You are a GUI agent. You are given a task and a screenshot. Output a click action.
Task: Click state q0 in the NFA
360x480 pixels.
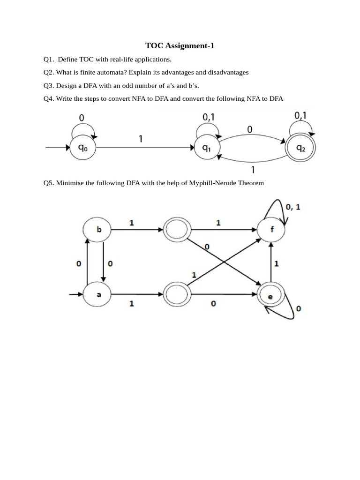pos(82,148)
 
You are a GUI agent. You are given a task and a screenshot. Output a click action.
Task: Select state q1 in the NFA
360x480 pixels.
pos(206,148)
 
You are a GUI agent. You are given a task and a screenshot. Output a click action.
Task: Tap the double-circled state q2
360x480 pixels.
pos(300,149)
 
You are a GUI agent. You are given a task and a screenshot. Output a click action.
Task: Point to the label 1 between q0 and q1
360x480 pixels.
pos(141,139)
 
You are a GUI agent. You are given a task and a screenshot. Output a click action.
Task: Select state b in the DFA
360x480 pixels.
pos(98,230)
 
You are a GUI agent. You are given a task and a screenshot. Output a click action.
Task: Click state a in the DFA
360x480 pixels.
pos(98,295)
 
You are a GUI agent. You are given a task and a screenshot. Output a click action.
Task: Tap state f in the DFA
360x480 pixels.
pos(273,230)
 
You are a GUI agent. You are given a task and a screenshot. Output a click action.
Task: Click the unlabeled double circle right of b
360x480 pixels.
pos(176,230)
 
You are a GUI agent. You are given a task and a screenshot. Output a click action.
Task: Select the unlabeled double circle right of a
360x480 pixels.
pos(176,295)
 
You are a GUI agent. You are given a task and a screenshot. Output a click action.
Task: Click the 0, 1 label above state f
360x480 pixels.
pos(293,207)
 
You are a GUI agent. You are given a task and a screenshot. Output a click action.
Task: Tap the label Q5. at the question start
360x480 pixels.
pos(49,183)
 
